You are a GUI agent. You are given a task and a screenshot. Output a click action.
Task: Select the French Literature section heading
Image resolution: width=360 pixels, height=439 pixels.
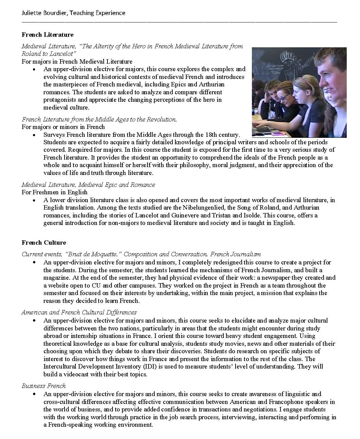click(x=47, y=35)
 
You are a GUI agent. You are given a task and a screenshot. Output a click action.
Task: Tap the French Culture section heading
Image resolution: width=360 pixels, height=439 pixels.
click(x=44, y=243)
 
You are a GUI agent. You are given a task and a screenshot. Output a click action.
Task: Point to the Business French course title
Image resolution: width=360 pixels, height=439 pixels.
click(x=44, y=386)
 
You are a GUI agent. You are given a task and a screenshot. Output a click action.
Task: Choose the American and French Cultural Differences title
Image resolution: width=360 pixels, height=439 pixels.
click(x=79, y=312)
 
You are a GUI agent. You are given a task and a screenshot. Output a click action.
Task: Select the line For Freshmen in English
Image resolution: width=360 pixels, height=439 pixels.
click(x=54, y=192)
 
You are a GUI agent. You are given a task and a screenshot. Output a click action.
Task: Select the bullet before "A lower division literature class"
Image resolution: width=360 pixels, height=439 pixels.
click(x=34, y=200)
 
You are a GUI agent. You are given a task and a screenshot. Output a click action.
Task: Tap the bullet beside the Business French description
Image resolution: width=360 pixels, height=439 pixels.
click(x=34, y=394)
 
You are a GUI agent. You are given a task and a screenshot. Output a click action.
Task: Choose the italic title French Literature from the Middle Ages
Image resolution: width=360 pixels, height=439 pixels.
click(x=99, y=119)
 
